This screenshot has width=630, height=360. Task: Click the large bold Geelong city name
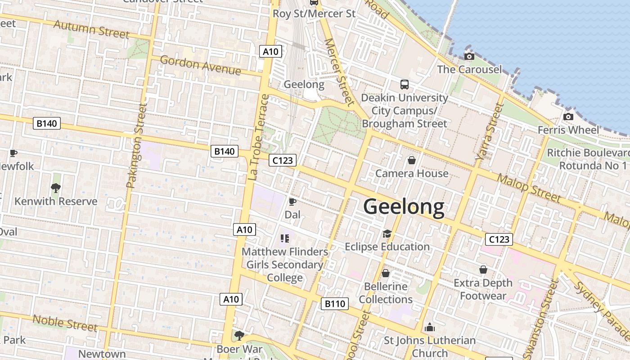click(x=404, y=207)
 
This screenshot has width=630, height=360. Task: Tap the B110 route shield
click(x=335, y=304)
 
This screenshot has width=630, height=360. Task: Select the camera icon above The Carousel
click(x=469, y=56)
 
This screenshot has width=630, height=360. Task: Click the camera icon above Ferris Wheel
click(x=568, y=117)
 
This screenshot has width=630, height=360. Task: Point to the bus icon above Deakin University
click(x=404, y=84)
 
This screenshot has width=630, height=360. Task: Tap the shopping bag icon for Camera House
click(x=411, y=160)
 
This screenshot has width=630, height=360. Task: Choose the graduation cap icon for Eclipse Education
click(x=387, y=233)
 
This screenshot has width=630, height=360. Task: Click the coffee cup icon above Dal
click(x=292, y=202)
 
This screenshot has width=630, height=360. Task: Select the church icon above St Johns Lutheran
click(x=429, y=327)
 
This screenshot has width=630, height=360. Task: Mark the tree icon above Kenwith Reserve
click(x=56, y=188)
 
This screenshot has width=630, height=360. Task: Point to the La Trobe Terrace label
click(x=258, y=137)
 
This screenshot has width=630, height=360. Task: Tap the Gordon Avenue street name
click(x=200, y=65)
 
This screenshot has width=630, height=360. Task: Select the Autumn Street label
click(x=91, y=29)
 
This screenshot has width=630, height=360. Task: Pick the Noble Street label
click(x=65, y=323)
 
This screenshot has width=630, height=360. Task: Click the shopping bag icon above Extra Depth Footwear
click(x=483, y=270)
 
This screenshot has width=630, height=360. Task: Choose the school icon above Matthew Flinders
click(x=284, y=238)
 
